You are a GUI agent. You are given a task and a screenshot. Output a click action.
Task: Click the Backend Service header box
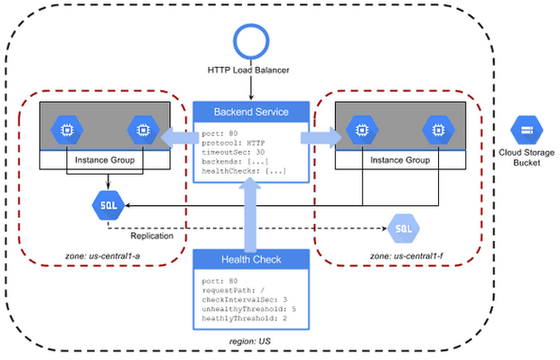(252, 113)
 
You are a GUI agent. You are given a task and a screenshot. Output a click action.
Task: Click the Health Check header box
(252, 260)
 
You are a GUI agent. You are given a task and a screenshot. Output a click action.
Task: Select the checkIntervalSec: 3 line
(245, 299)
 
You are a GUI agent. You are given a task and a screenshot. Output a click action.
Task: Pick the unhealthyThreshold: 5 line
(249, 308)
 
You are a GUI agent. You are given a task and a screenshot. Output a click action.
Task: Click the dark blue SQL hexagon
(108, 205)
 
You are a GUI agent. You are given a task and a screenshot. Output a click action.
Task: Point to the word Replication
(151, 236)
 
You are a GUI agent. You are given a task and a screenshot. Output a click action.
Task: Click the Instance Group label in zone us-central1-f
(399, 160)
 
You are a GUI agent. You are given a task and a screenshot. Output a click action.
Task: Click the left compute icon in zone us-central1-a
(65, 130)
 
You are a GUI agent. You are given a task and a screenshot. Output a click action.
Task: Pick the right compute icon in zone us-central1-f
(436, 130)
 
